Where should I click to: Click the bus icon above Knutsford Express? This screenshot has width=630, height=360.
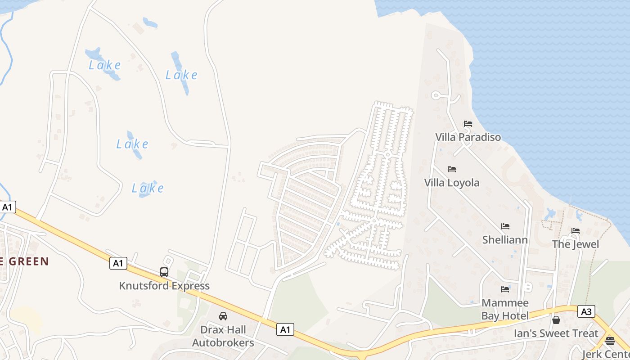pyautogui.click(x=164, y=272)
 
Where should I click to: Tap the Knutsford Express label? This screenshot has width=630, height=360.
pyautogui.click(x=164, y=286)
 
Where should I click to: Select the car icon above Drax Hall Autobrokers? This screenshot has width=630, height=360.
pyautogui.click(x=223, y=316)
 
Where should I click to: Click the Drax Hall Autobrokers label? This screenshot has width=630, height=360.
pyautogui.click(x=223, y=336)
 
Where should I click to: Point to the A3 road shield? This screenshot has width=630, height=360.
pyautogui.click(x=586, y=311)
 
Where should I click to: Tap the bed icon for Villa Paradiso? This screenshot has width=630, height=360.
pyautogui.click(x=468, y=124)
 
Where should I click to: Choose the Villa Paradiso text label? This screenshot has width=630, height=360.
pyautogui.click(x=468, y=137)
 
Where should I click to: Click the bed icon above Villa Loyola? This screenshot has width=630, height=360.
pyautogui.click(x=452, y=169)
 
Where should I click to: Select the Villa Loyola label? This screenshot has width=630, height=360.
pyautogui.click(x=452, y=183)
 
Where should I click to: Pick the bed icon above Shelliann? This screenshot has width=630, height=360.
pyautogui.click(x=505, y=226)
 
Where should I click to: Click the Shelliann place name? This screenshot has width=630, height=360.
pyautogui.click(x=505, y=240)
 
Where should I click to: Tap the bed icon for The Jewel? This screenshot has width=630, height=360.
pyautogui.click(x=576, y=231)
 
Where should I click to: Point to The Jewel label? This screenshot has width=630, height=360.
pyautogui.click(x=576, y=244)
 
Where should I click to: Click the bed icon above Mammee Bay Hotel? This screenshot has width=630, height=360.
pyautogui.click(x=505, y=289)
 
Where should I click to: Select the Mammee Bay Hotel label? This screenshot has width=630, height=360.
pyautogui.click(x=505, y=309)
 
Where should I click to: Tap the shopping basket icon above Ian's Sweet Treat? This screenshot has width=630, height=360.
pyautogui.click(x=556, y=320)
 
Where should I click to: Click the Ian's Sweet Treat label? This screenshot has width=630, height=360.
pyautogui.click(x=556, y=333)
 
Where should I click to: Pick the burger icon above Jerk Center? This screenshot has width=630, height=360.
pyautogui.click(x=610, y=341)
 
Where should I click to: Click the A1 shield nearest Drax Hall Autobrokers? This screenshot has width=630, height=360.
pyautogui.click(x=285, y=329)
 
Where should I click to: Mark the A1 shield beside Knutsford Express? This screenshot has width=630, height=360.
pyautogui.click(x=118, y=263)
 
